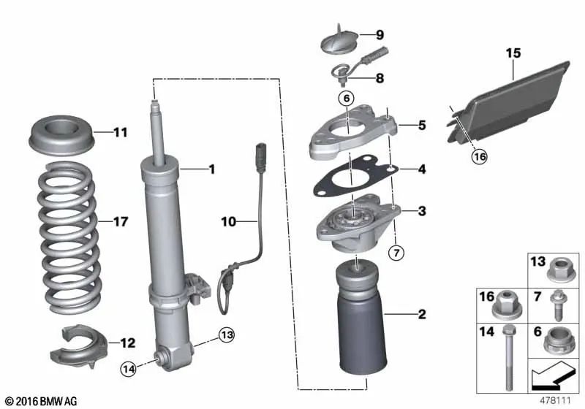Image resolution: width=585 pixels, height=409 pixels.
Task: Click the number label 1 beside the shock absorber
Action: [x=211, y=170]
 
